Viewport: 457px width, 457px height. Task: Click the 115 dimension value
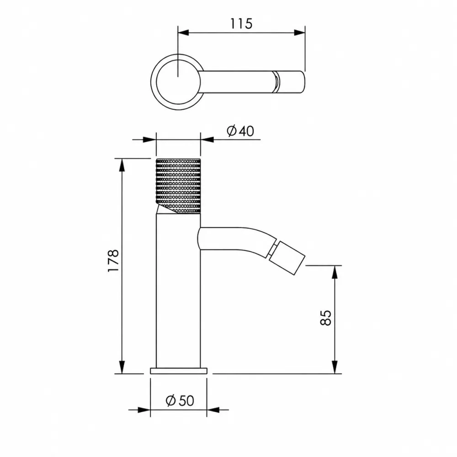[241, 24]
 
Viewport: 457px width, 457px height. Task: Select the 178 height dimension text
[113, 260]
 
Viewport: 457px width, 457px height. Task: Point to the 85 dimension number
[326, 318]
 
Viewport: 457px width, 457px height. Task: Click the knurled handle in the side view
[178, 186]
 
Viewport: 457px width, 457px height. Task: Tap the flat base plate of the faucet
[179, 371]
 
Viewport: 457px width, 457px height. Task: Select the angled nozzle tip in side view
[287, 258]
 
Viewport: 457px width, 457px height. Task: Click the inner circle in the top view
[178, 82]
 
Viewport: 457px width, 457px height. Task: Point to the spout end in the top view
[290, 82]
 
